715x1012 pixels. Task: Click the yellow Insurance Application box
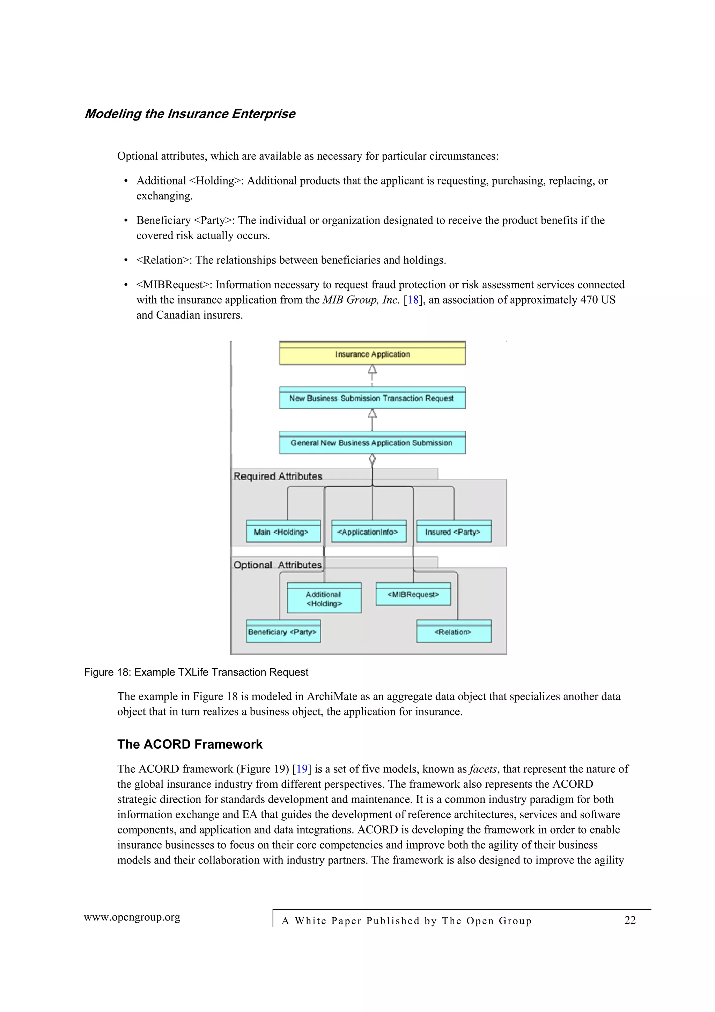372,354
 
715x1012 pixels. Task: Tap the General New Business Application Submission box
372,443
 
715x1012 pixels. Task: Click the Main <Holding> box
283,532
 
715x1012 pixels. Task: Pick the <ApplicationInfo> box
368,532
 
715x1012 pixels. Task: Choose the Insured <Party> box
454,532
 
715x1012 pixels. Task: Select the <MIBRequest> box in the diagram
413,595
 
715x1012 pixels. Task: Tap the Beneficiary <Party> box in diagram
283,632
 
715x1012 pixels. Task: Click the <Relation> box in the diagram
454,632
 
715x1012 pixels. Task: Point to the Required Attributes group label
278,476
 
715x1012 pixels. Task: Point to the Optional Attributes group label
278,565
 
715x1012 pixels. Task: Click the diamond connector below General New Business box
372,460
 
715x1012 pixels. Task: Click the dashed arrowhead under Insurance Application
372,369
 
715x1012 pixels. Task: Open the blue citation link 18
413,300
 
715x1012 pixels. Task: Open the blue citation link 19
302,769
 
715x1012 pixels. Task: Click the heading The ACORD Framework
190,744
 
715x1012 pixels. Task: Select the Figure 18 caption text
196,672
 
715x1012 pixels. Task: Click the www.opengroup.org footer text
132,917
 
